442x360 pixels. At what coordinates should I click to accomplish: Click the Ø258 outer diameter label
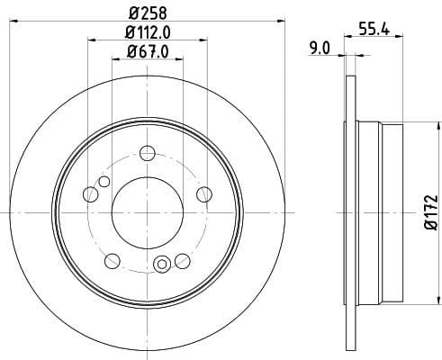(x=147, y=13)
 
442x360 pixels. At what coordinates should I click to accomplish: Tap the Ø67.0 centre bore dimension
(x=147, y=50)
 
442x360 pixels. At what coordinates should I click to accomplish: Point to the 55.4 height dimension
(x=373, y=28)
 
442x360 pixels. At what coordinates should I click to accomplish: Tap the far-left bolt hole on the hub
(x=90, y=193)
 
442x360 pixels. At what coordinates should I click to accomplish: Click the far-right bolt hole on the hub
(x=203, y=193)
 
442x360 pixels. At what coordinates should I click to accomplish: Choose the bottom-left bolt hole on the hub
(x=112, y=261)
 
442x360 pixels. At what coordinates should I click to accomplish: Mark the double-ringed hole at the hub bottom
(x=163, y=264)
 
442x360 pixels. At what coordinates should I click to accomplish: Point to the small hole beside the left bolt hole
(x=104, y=183)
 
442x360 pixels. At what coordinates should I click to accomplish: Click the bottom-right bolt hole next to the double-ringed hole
(x=182, y=261)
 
